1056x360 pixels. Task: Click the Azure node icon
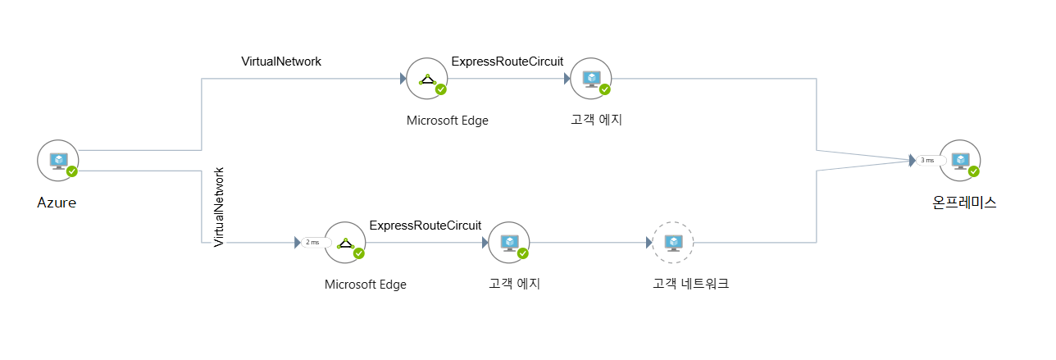[58, 160]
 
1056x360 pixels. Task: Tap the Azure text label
[57, 203]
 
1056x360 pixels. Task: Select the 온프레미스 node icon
[960, 160]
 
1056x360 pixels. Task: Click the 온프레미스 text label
[964, 203]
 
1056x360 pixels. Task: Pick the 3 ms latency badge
[927, 161]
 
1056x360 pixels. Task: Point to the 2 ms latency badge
[312, 243]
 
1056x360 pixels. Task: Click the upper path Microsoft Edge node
[427, 79]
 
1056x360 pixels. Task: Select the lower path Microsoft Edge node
[345, 243]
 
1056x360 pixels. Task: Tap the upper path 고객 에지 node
[591, 79]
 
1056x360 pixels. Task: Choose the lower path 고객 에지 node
[509, 243]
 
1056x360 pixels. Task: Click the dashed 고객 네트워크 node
[673, 243]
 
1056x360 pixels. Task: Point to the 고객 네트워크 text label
[690, 285]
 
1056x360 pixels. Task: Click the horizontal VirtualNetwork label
[281, 62]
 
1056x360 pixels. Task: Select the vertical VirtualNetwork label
[219, 207]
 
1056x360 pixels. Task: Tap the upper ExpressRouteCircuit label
[508, 62]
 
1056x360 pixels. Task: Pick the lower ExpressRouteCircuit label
[426, 226]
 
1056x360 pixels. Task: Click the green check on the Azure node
[72, 171]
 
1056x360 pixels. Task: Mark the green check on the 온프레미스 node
[973, 171]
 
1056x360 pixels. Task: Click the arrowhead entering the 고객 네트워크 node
[649, 243]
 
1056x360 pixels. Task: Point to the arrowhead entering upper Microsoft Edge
[403, 79]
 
